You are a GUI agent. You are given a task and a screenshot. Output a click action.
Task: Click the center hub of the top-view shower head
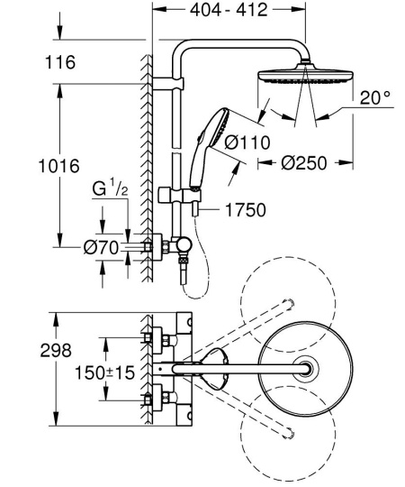point(308,367)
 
